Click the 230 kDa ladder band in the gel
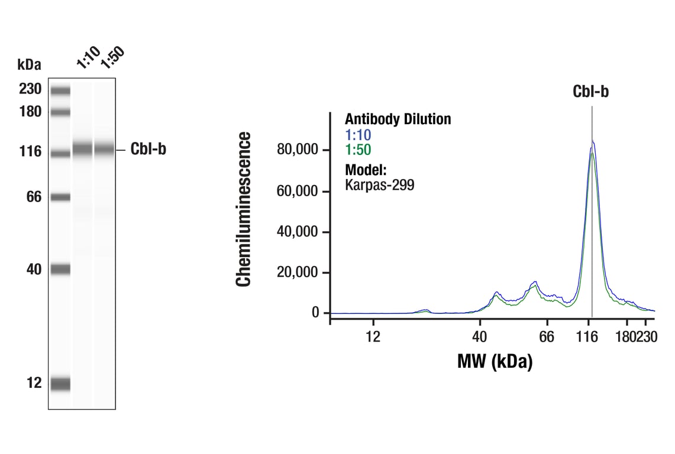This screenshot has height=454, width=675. pyautogui.click(x=60, y=90)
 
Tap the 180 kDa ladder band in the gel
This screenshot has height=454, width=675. pyautogui.click(x=60, y=112)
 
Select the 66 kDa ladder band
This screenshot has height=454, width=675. pyautogui.click(x=60, y=197)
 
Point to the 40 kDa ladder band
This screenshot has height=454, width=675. pyautogui.click(x=60, y=270)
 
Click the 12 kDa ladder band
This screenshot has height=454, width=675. pyautogui.click(x=60, y=384)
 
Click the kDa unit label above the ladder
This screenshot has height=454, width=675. pyautogui.click(x=30, y=64)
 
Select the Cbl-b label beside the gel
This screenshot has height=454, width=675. pyautogui.click(x=148, y=150)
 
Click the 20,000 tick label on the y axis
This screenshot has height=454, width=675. pyautogui.click(x=298, y=273)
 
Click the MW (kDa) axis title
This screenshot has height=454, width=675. pyautogui.click(x=495, y=361)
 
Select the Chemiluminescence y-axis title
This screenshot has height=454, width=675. pyautogui.click(x=243, y=209)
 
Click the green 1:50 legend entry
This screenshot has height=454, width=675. pyautogui.click(x=358, y=150)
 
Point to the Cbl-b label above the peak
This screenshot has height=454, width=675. pyautogui.click(x=590, y=92)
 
